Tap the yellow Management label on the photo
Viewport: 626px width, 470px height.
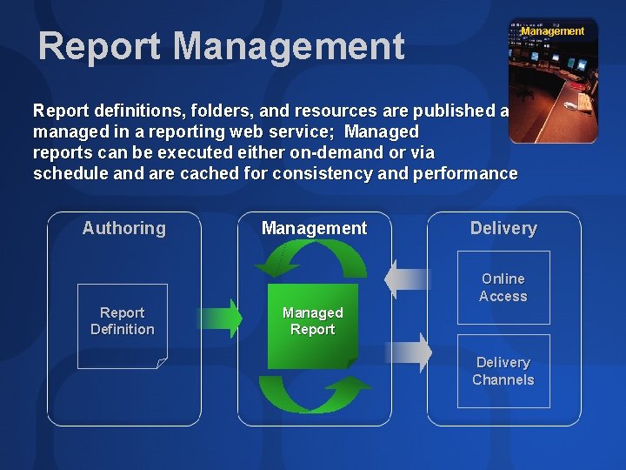click(x=553, y=31)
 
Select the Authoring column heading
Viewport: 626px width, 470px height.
click(x=123, y=228)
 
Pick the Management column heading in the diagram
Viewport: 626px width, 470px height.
click(x=314, y=228)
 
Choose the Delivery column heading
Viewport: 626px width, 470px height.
click(x=503, y=228)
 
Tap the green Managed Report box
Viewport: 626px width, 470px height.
click(x=312, y=325)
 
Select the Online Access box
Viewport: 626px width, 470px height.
click(x=503, y=287)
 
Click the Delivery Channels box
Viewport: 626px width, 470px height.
click(x=503, y=371)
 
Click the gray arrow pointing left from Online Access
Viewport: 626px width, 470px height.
click(x=407, y=279)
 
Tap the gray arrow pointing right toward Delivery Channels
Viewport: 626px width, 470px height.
click(x=409, y=352)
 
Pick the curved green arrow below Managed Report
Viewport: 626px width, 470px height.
click(x=313, y=393)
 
